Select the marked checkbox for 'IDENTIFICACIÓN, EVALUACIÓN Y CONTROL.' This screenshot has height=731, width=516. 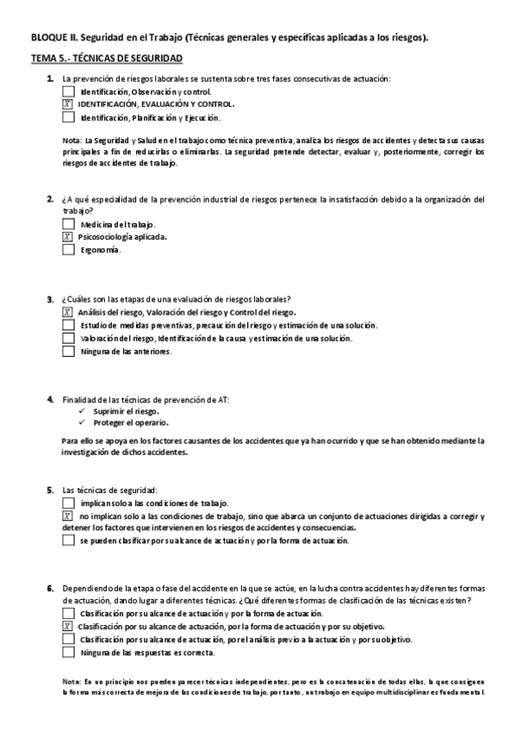tap(69, 104)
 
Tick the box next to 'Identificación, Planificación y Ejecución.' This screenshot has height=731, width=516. tap(69, 117)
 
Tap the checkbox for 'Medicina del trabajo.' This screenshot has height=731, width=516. tap(69, 224)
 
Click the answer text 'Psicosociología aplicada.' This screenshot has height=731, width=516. tap(122, 237)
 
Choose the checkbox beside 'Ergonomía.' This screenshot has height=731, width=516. tap(69, 250)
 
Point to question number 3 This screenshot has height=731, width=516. tap(50, 299)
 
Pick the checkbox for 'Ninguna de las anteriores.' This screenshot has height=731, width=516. tap(69, 352)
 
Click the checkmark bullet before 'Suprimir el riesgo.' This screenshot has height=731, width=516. tap(81, 412)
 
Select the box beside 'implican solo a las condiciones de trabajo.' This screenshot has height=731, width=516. tap(69, 503)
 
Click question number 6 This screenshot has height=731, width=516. tap(50, 588)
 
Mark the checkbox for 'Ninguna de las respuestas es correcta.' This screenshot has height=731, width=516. tap(69, 653)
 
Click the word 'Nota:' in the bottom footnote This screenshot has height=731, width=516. tap(72, 681)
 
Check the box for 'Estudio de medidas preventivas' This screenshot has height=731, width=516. tap(69, 325)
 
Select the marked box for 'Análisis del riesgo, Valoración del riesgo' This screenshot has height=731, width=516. tap(69, 312)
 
